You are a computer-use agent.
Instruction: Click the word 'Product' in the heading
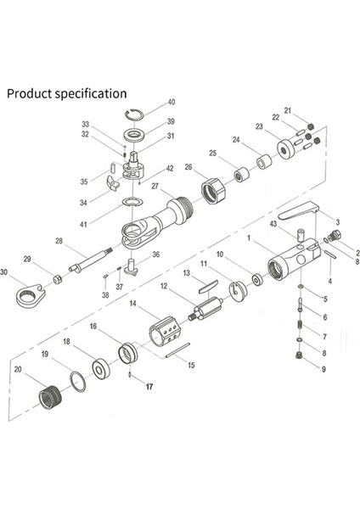(29, 93)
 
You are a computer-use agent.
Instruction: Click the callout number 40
(172, 102)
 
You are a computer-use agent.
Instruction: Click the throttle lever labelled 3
(299, 210)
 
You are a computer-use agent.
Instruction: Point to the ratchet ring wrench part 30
(30, 294)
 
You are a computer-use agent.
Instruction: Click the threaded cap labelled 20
(49, 398)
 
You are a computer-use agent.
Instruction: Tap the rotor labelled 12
(205, 309)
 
